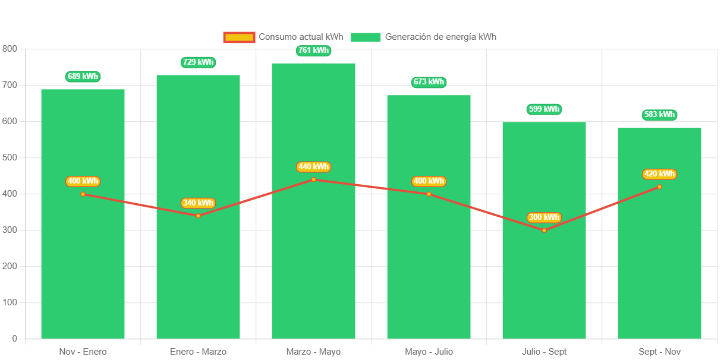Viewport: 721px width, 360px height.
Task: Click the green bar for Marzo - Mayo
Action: [x=313, y=261]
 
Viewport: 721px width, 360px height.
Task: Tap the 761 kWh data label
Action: [x=313, y=50]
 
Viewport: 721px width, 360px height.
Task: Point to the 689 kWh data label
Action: [x=83, y=77]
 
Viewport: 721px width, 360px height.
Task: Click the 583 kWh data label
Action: [x=659, y=115]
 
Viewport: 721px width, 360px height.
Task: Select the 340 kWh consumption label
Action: [x=198, y=203]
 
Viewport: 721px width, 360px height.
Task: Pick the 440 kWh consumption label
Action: [x=313, y=167]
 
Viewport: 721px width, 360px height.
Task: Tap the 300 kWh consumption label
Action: [x=544, y=217]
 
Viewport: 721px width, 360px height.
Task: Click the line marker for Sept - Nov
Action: [x=659, y=187]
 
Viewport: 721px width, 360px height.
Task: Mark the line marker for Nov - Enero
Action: [x=83, y=194]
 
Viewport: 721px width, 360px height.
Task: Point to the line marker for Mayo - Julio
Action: [x=429, y=194]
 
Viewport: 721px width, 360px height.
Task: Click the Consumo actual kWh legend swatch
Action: [x=239, y=37]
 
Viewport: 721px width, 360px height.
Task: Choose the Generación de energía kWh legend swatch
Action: [x=366, y=37]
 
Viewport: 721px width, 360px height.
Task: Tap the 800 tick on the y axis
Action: [x=10, y=49]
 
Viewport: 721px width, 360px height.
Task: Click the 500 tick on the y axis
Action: [x=10, y=157]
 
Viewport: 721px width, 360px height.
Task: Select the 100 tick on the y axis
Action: [x=10, y=302]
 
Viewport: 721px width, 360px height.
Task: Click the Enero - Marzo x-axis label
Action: [x=198, y=352]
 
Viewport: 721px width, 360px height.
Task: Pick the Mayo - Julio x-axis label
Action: [x=429, y=352]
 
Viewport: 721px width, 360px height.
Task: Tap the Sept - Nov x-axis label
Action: [x=659, y=352]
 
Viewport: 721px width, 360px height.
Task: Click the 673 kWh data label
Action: [x=429, y=83]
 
